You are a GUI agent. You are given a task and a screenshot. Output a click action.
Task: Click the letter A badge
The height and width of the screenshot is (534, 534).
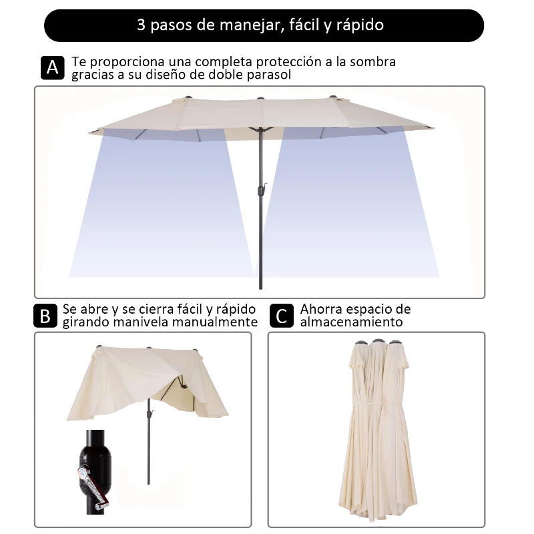pos(53,67)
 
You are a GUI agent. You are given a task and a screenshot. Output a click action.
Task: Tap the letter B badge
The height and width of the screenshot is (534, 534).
pos(45,316)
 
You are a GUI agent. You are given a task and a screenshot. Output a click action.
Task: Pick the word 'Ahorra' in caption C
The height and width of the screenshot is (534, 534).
pos(322,310)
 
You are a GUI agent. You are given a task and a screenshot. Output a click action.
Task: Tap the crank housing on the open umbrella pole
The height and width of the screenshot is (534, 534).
pos(260,192)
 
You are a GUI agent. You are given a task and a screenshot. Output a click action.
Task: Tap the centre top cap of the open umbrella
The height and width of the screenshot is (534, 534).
pos(260,99)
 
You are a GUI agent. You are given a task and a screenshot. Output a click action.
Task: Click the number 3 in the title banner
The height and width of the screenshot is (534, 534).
pos(141,26)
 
